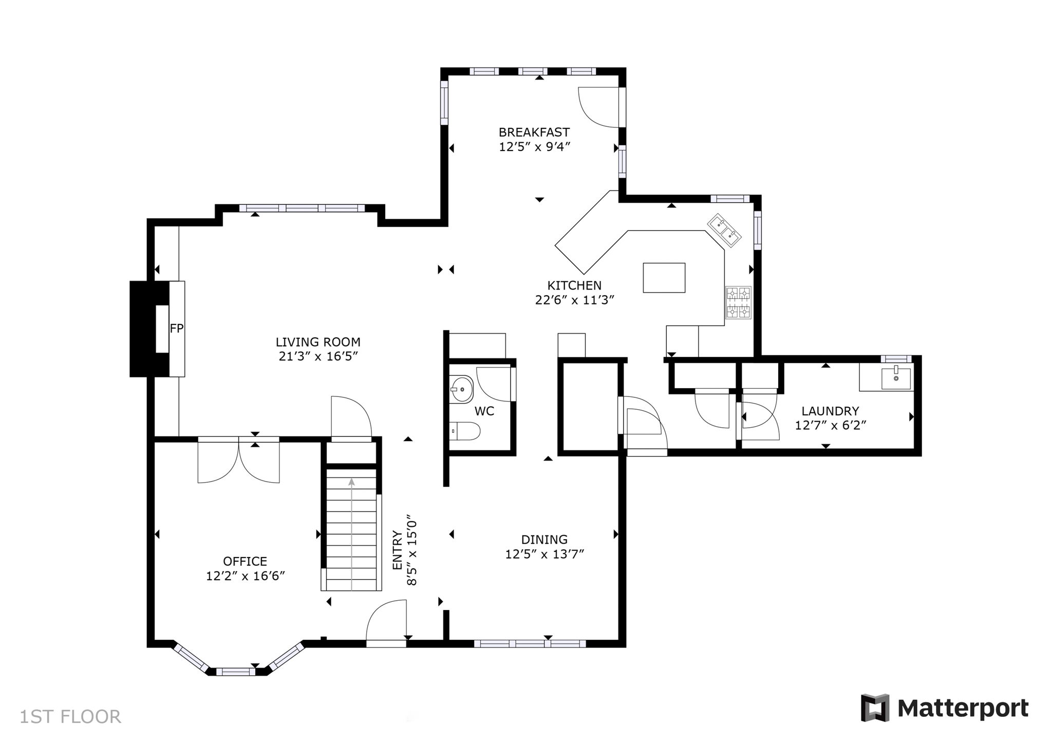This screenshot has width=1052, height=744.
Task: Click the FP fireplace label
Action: point(177,329)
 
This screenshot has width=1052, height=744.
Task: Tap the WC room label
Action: point(484,411)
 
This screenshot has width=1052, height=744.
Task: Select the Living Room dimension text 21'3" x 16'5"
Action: point(318,356)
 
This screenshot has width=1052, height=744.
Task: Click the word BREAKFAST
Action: point(534,132)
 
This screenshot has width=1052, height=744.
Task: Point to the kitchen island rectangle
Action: point(664,277)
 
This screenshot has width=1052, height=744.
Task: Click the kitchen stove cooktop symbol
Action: point(738,302)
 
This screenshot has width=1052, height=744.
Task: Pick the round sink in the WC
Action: point(462,390)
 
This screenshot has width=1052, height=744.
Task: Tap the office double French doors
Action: point(239,460)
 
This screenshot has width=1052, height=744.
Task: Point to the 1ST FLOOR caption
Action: point(70,716)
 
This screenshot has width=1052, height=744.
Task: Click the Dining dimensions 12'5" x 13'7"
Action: point(544,554)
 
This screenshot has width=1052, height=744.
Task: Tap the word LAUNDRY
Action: point(830,411)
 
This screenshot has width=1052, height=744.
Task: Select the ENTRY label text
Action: point(397,549)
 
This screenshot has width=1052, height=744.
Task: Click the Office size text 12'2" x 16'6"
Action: point(246,576)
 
